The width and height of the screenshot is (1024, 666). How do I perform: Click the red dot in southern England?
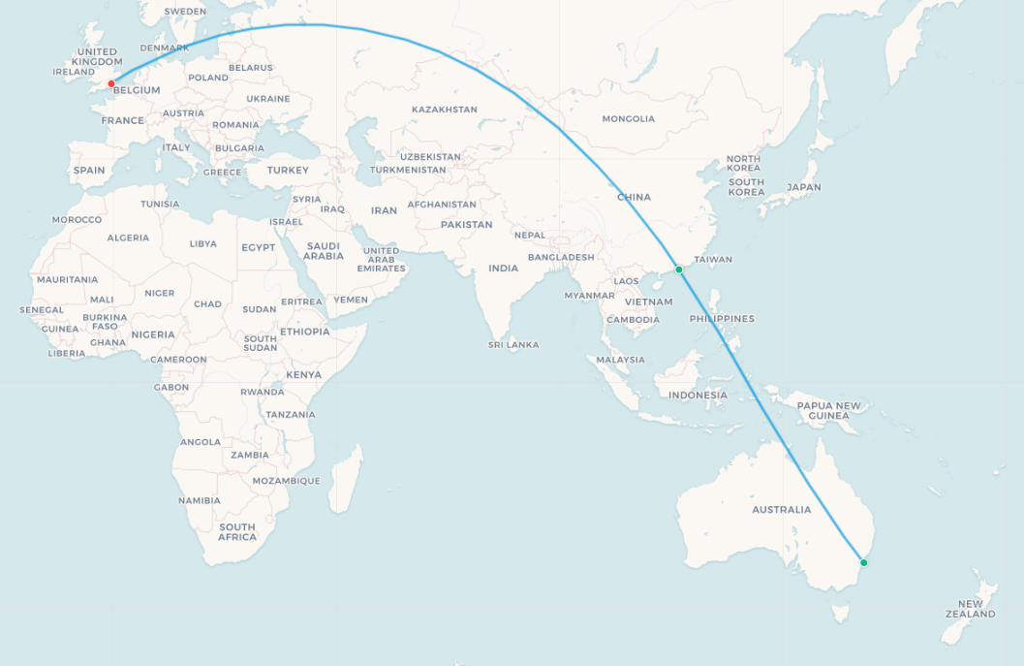(x=111, y=83)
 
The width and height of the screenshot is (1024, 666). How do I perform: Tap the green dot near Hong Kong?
(x=679, y=270)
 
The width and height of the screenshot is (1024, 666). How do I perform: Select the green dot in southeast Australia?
(x=864, y=562)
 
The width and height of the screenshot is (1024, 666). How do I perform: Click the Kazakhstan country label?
(x=445, y=110)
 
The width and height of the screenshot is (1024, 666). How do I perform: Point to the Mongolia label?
(x=629, y=119)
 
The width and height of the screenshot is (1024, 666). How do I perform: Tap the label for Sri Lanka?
(x=513, y=345)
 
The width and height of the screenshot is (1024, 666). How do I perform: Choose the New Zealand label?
(x=970, y=609)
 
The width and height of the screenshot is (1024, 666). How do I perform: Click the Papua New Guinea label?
(x=828, y=411)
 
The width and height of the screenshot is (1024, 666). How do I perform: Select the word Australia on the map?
(x=782, y=510)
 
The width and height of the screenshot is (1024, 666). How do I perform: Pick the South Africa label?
(x=236, y=532)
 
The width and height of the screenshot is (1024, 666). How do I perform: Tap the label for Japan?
(x=804, y=187)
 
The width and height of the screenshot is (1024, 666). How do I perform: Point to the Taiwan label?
(x=714, y=260)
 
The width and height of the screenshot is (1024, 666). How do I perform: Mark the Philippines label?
(x=722, y=319)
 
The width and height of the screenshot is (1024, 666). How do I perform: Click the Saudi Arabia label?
(x=324, y=251)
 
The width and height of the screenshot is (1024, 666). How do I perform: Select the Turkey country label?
(x=288, y=171)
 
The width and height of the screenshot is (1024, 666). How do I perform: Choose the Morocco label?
(x=78, y=220)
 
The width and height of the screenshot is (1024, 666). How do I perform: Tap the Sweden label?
(x=185, y=12)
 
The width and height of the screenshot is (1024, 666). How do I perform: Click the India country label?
(x=503, y=269)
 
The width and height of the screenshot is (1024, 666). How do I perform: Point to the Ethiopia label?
(x=304, y=332)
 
